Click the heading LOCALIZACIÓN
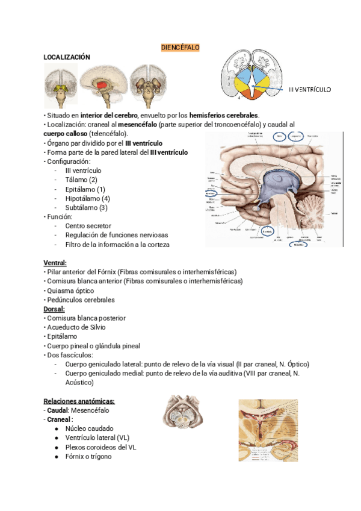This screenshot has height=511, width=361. [x=67, y=57]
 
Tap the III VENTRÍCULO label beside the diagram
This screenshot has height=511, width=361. [x=309, y=89]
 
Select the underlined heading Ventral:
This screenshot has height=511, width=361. [x=55, y=263]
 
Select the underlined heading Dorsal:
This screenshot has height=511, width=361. [x=54, y=309]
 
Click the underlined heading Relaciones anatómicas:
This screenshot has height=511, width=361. [x=79, y=401]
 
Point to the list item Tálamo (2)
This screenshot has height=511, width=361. [x=81, y=180]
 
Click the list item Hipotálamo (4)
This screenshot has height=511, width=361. [x=87, y=198]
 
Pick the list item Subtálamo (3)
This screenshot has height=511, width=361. [x=86, y=207]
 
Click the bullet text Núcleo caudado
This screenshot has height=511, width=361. [x=90, y=428]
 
